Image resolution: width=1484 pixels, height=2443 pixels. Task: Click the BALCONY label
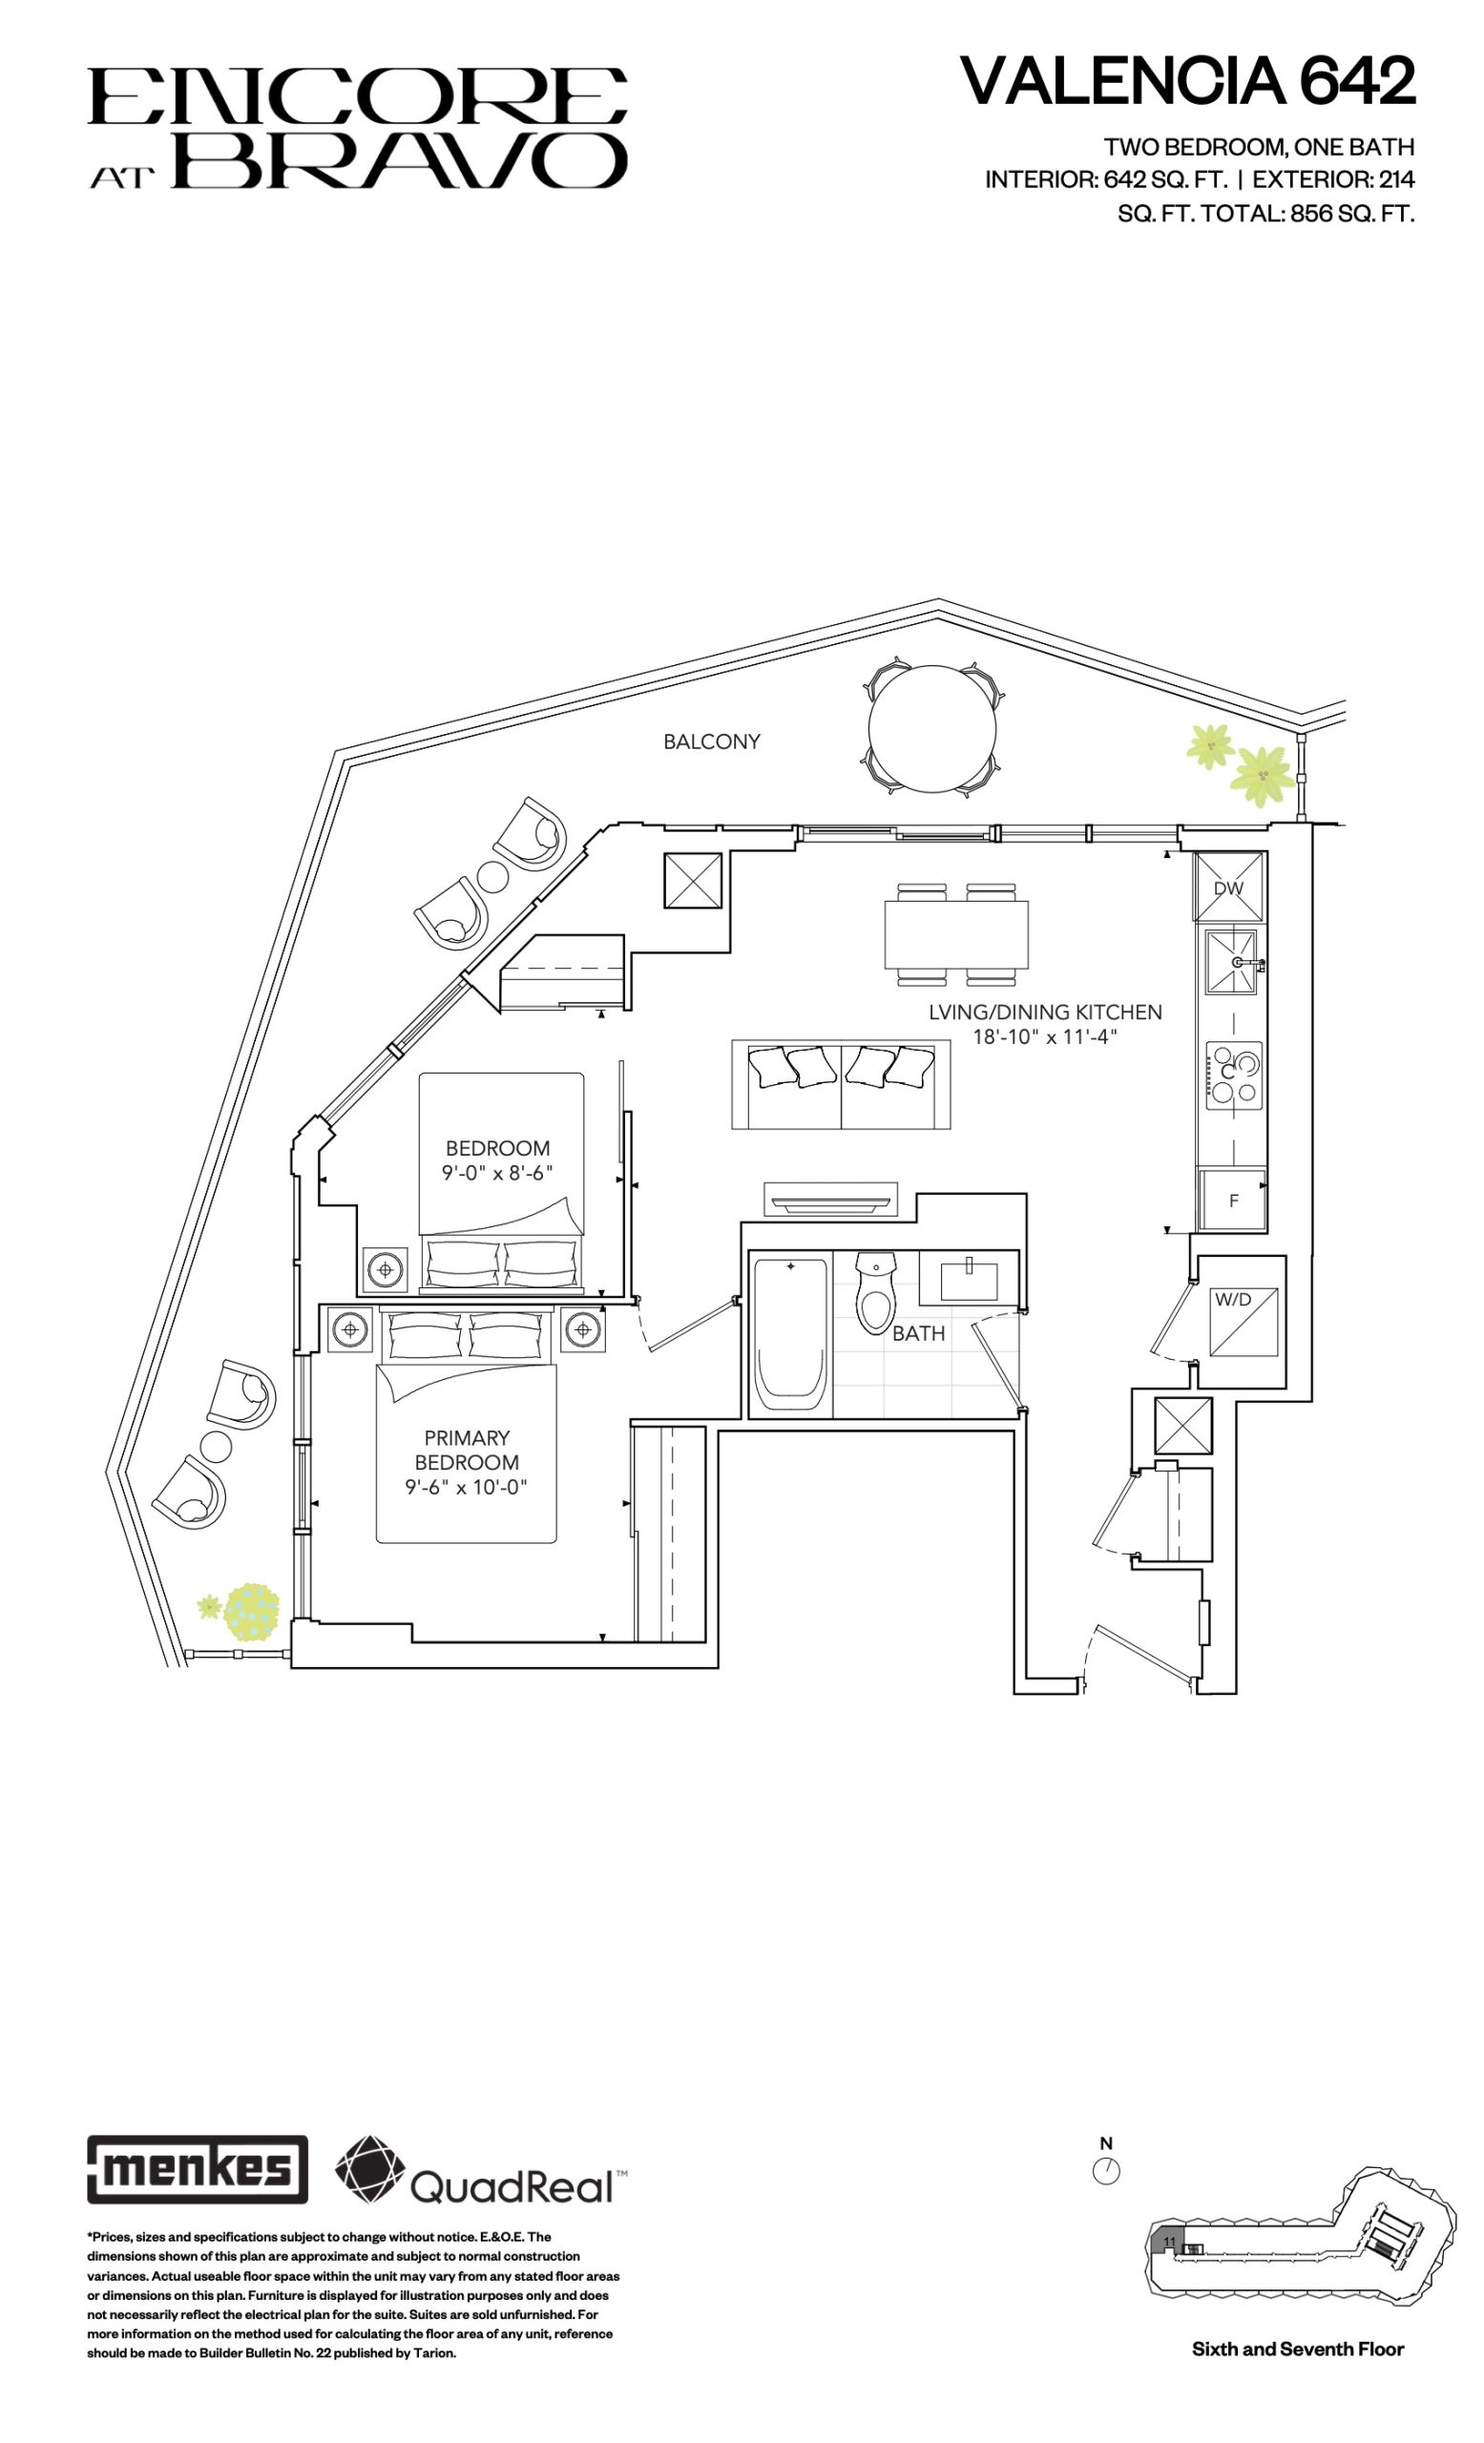point(711,741)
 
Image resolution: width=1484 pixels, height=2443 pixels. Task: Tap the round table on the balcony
point(931,729)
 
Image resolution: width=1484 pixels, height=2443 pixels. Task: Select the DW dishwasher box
point(1229,887)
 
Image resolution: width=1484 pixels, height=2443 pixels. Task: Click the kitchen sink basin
point(1230,961)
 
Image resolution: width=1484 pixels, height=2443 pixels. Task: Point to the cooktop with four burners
point(1233,1075)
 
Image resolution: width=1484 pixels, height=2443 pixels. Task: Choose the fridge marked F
point(1232,1200)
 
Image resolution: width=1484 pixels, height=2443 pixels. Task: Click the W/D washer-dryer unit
point(1244,1321)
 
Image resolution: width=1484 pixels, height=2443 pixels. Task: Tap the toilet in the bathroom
point(875,1293)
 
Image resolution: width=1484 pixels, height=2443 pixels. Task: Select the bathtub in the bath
point(790,1333)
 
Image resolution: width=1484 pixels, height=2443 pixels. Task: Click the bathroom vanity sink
point(969,1279)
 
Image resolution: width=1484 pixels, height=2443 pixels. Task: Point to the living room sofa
point(841,1084)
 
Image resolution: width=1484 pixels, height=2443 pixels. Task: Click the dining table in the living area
point(955,934)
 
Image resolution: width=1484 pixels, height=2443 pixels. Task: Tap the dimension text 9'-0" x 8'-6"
point(496,1173)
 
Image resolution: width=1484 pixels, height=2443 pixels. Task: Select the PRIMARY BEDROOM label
point(466,1450)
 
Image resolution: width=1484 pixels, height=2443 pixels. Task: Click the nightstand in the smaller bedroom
point(384,1268)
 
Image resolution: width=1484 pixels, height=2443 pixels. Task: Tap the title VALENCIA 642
point(1186,80)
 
